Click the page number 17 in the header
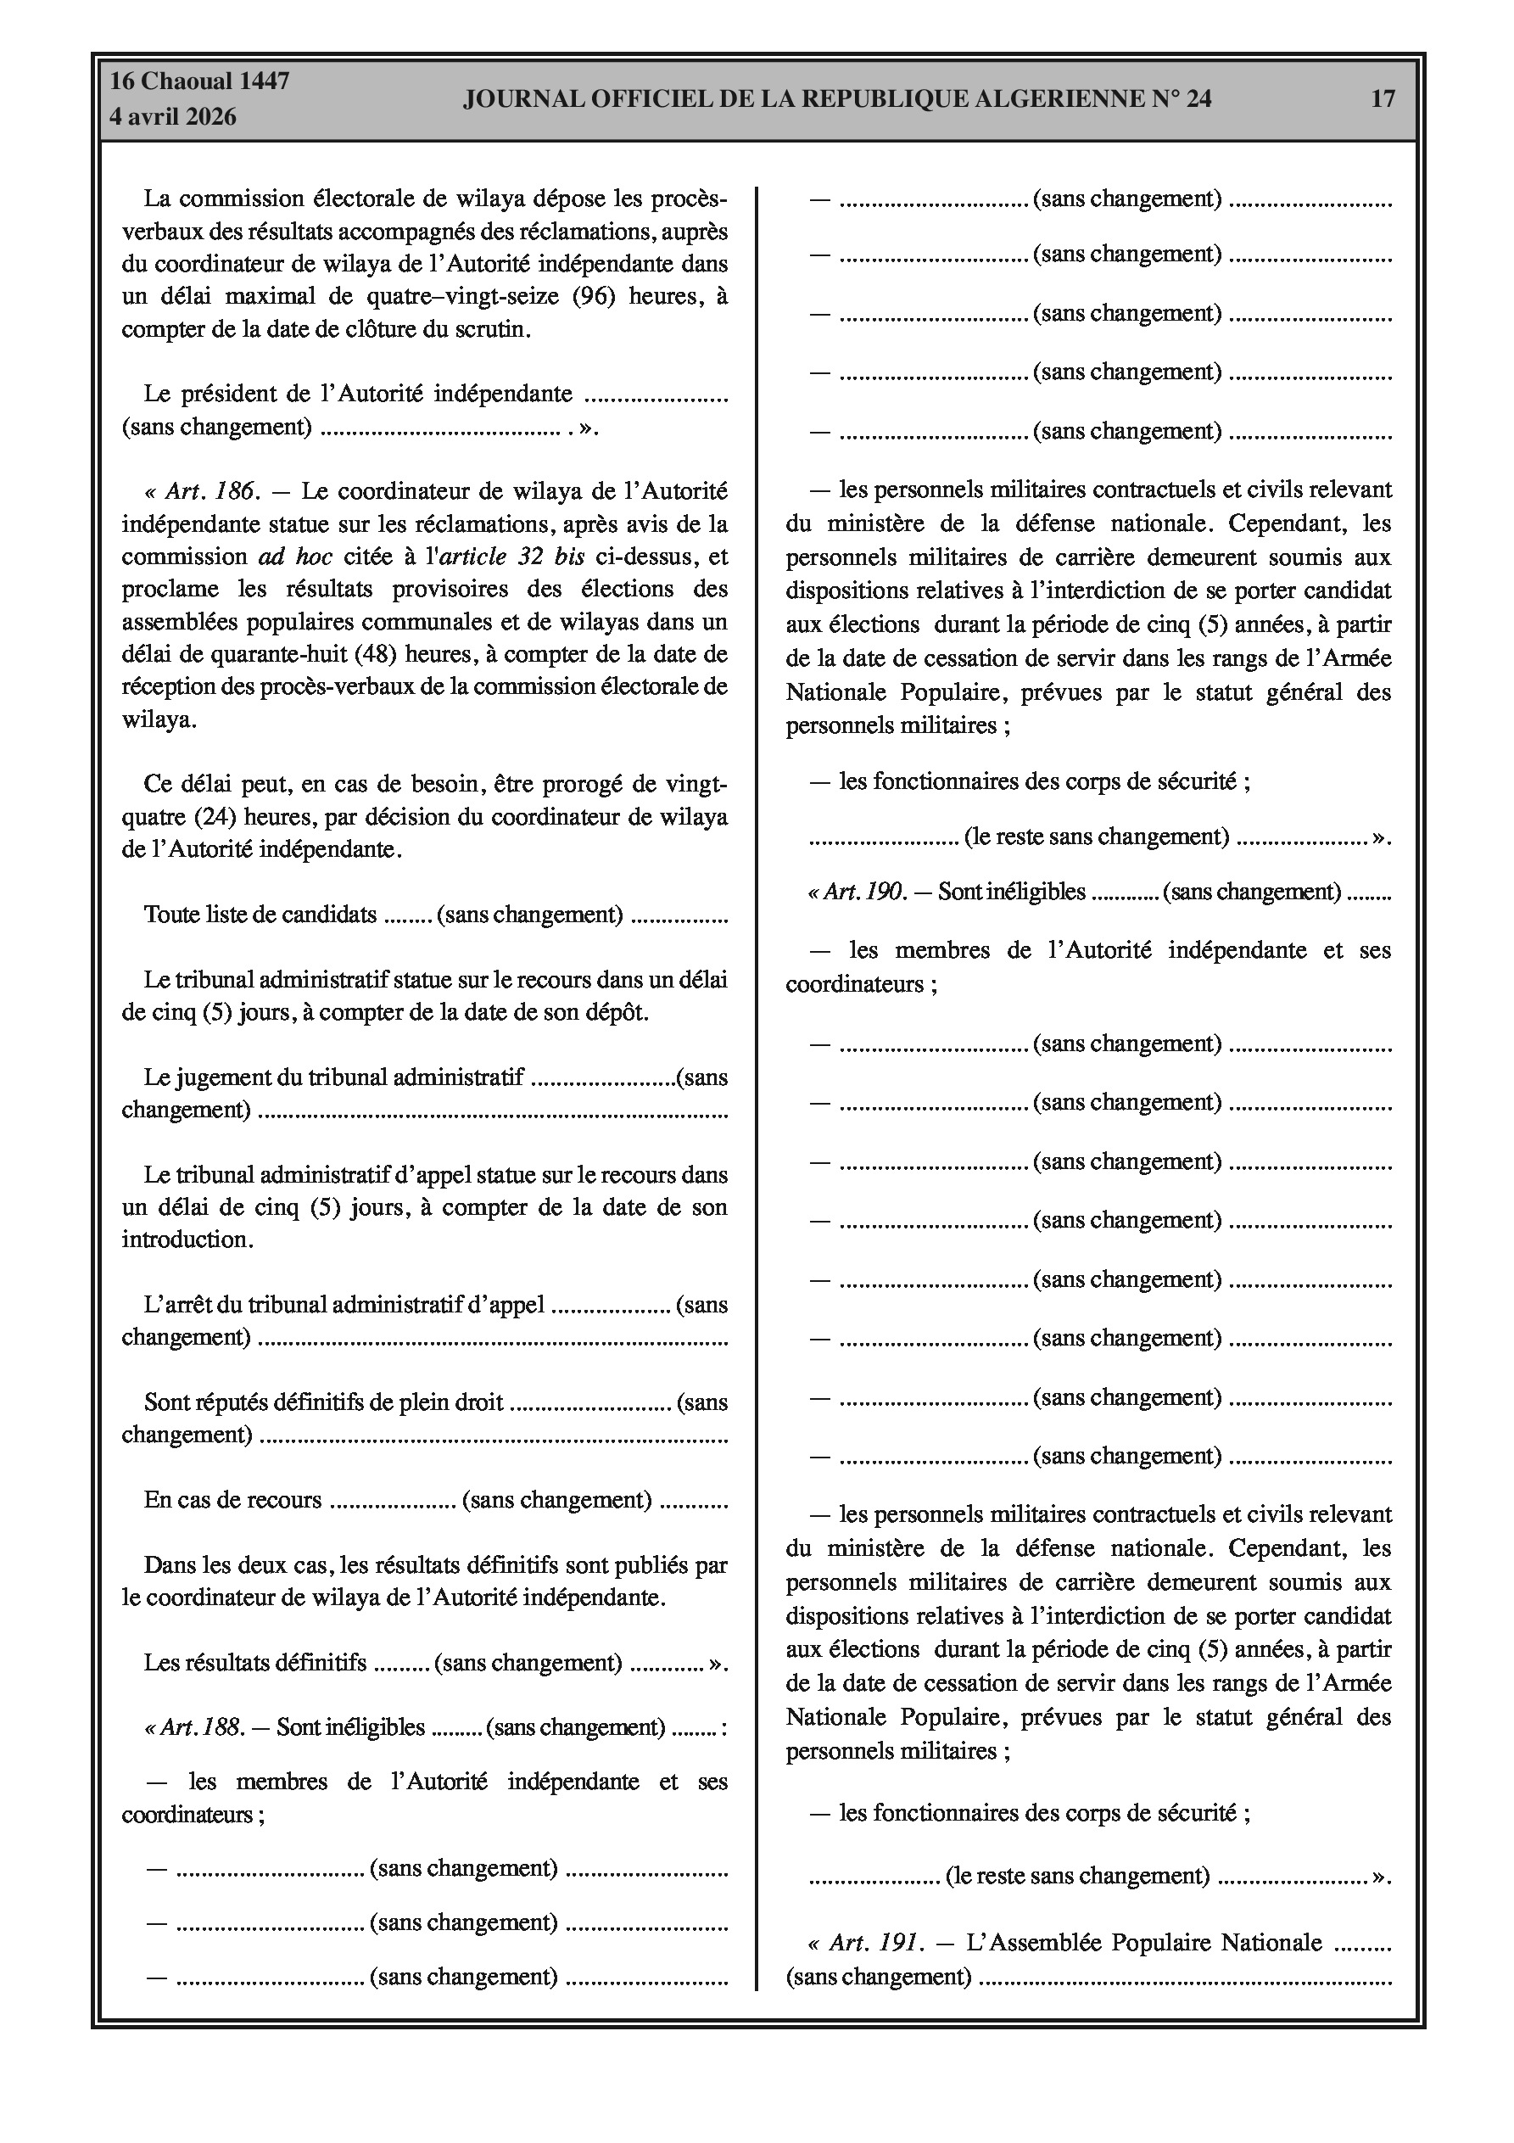pos(1383,98)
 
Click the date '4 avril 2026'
pos(173,117)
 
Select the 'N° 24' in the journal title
pos(1182,98)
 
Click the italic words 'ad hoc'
pos(295,557)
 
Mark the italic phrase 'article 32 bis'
pos(511,557)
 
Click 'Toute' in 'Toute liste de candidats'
pos(165,914)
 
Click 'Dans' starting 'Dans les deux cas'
pos(166,1564)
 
